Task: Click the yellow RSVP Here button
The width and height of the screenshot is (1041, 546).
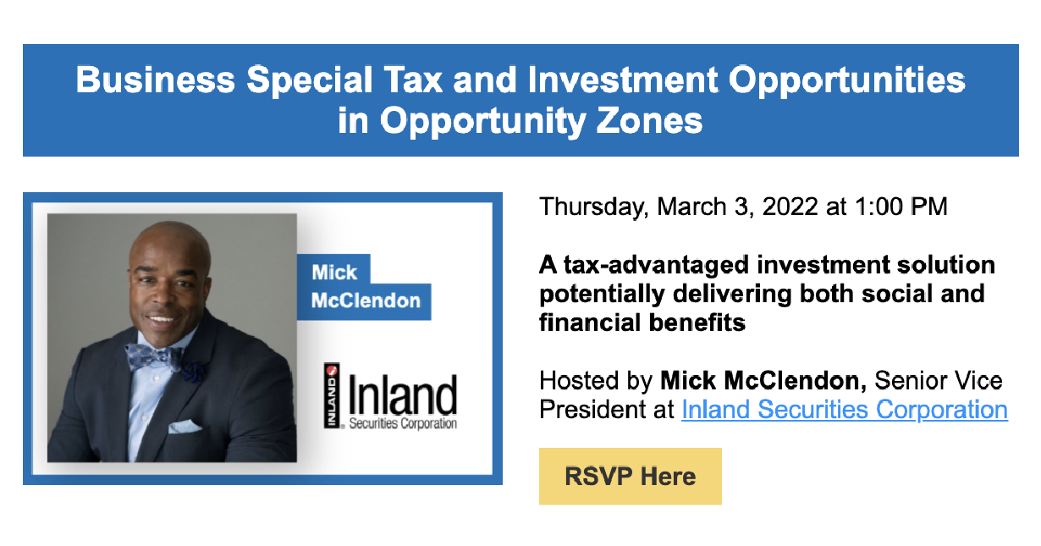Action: point(631,477)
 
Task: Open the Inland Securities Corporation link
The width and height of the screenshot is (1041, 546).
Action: point(845,410)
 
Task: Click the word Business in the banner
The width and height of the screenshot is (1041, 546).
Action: point(156,80)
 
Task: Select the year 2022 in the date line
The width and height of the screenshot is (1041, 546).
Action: point(790,207)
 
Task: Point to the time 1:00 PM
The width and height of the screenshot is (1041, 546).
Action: point(901,207)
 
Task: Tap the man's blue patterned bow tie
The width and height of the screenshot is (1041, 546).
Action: point(154,356)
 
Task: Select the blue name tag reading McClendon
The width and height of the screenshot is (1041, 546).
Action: point(366,301)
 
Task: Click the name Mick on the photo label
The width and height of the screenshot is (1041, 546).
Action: point(334,273)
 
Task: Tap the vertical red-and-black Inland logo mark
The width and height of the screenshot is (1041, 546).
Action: point(332,395)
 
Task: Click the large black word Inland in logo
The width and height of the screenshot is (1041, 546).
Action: point(403,394)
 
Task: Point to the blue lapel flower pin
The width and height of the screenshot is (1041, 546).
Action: point(193,372)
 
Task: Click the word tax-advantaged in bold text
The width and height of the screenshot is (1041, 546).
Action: point(657,266)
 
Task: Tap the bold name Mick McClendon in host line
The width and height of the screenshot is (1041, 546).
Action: point(763,381)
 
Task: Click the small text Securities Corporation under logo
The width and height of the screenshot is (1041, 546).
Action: point(403,424)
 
